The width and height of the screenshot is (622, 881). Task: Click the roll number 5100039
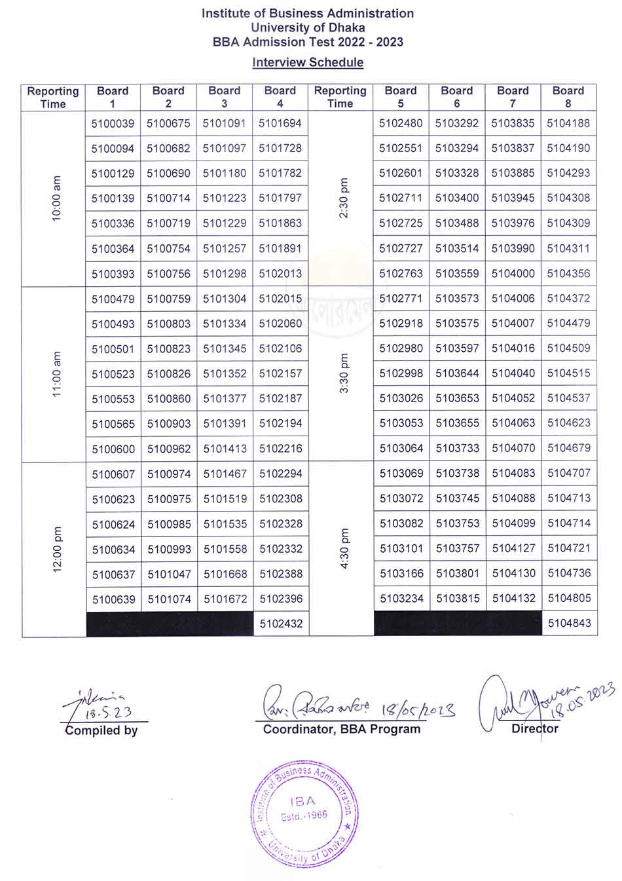113,123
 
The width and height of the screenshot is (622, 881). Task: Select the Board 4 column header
280,97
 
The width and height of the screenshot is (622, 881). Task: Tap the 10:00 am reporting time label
56,198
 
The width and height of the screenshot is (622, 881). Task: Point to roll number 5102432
281,624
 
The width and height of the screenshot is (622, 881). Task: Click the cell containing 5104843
568,624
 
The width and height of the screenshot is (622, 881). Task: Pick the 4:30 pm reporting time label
344,549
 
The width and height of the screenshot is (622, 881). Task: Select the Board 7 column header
513,97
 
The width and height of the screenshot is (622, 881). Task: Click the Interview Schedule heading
308,62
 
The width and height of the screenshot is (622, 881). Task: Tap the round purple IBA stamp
304,814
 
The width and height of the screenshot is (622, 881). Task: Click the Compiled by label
101,730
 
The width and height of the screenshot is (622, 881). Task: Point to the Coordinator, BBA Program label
342,729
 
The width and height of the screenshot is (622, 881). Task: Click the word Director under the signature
535,728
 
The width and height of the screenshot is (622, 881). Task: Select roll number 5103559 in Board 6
457,274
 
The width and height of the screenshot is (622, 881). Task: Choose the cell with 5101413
225,449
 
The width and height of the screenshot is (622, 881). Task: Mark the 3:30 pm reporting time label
344,373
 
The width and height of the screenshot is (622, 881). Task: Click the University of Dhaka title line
308,28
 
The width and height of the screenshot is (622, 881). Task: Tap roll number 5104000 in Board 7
513,274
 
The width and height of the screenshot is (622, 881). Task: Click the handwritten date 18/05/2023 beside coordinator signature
419,709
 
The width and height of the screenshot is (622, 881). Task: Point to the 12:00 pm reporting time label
56,549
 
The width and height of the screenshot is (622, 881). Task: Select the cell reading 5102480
401,123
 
